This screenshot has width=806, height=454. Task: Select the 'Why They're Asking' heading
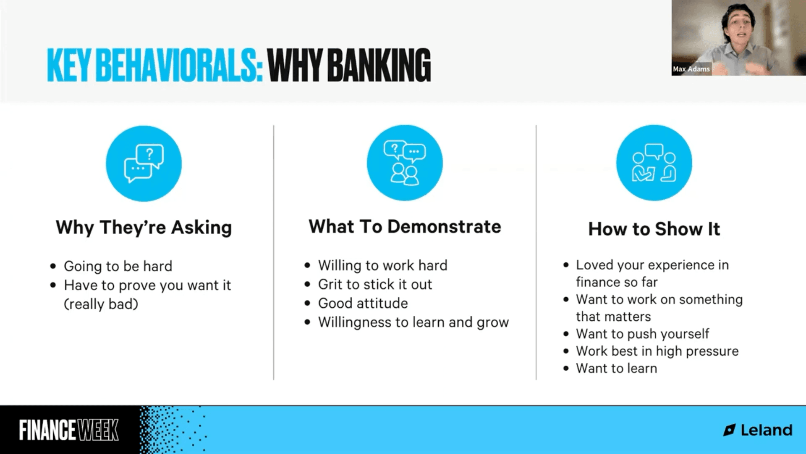point(144,227)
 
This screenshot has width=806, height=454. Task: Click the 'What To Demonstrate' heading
point(405,227)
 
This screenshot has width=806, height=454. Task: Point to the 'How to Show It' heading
point(654,229)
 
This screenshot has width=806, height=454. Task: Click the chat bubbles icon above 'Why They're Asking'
point(144,164)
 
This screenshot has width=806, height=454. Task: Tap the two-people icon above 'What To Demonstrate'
point(405,163)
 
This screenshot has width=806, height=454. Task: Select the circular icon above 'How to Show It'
point(654,163)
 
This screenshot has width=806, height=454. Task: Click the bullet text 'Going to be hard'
point(118,266)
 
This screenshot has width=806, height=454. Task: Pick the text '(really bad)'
point(101,304)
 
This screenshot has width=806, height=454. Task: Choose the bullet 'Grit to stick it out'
point(375,284)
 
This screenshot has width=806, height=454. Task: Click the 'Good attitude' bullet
point(363,303)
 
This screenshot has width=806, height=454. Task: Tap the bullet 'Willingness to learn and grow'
point(413,322)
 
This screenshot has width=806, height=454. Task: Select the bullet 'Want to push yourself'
point(642,334)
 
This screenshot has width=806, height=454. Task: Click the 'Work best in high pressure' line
point(657,351)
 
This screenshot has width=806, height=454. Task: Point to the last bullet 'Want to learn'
point(616,368)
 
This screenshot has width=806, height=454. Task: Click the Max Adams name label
point(691,69)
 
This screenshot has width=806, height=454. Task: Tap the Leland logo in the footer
point(758,430)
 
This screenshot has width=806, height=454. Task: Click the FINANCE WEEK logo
point(69,430)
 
